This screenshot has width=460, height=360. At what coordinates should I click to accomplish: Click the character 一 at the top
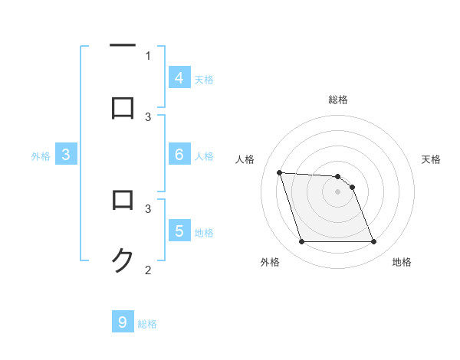click(x=123, y=46)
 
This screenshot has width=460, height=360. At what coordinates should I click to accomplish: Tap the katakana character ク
click(x=123, y=261)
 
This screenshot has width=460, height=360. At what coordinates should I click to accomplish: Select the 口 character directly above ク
click(x=123, y=201)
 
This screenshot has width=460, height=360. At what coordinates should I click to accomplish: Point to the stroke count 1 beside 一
click(x=148, y=55)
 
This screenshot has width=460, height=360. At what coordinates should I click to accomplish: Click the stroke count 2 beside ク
click(x=148, y=270)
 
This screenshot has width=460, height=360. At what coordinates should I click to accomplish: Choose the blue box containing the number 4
click(x=179, y=78)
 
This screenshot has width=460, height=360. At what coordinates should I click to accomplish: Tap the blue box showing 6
click(x=179, y=155)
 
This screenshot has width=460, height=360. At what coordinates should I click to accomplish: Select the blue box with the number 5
click(x=179, y=231)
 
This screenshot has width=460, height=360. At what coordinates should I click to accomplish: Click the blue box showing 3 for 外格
click(x=66, y=155)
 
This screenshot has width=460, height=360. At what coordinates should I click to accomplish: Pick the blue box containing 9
click(x=123, y=322)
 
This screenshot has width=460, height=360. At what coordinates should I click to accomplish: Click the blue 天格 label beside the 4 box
click(x=204, y=80)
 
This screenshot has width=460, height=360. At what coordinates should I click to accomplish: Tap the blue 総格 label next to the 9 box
click(x=147, y=324)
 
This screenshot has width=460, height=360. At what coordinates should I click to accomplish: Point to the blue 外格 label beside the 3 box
click(x=41, y=156)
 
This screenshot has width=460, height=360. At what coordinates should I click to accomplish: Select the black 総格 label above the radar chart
click(x=338, y=100)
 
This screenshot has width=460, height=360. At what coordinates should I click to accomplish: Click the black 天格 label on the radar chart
click(x=432, y=159)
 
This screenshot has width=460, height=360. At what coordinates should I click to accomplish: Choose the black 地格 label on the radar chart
click(x=402, y=263)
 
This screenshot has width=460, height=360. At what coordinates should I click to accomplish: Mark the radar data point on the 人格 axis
click(x=279, y=173)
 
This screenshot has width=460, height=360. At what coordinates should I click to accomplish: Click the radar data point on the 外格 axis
click(x=301, y=242)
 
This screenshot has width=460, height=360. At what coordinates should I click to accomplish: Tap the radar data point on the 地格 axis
click(x=373, y=242)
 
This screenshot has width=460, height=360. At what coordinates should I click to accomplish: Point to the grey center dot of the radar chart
click(x=337, y=192)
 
